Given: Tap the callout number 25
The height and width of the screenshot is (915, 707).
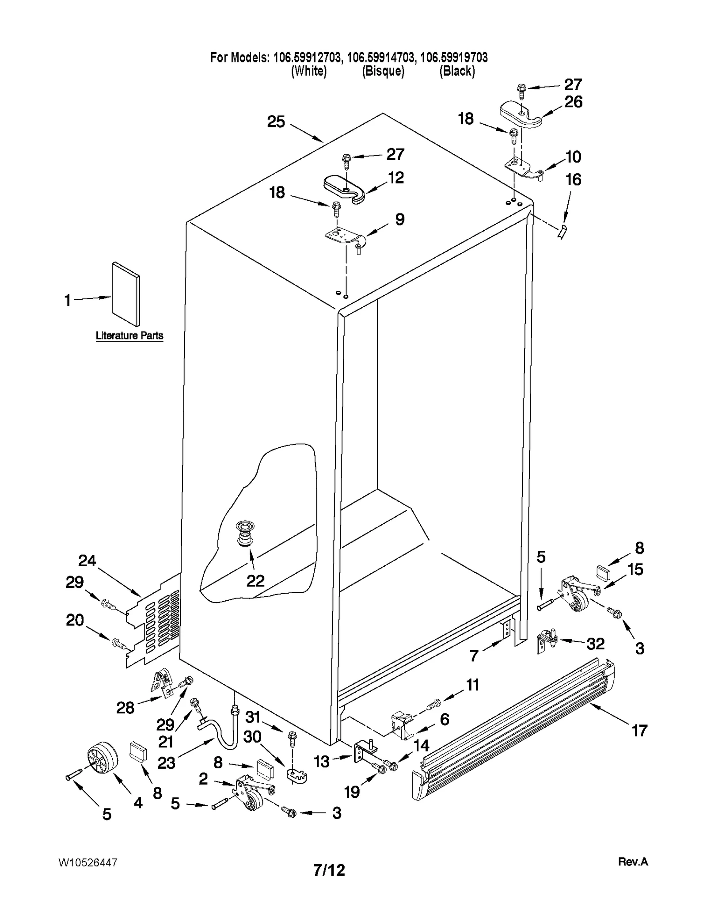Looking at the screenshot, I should tap(276, 122).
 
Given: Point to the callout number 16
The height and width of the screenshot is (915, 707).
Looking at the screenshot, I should tap(573, 179).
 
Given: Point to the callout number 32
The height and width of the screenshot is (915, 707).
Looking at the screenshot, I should tap(595, 644).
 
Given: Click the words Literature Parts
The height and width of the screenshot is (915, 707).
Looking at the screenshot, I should tap(129, 335).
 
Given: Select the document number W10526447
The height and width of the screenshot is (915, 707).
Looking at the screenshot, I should tap(88, 862).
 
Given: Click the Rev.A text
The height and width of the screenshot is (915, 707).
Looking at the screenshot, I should tap(633, 862).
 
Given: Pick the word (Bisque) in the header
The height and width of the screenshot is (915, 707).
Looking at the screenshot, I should tap(383, 71).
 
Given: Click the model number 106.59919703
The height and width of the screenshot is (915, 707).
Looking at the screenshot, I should tap(454, 57).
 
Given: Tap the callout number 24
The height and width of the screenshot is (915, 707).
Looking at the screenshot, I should tap(87, 560).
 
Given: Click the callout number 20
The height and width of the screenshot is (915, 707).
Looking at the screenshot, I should tap(75, 620).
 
